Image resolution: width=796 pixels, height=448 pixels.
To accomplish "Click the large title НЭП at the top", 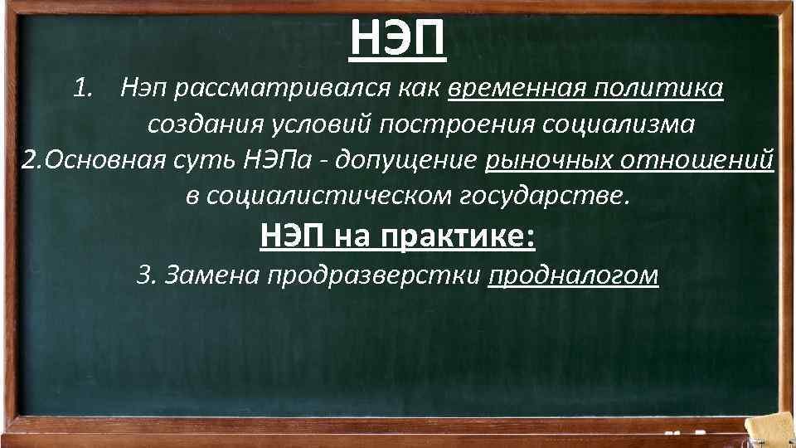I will pyautogui.click(x=397, y=37).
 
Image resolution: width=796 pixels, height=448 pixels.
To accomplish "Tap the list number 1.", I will pyautogui.click(x=80, y=87).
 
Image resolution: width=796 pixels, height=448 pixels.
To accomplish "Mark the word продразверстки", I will pyautogui.click(x=374, y=276).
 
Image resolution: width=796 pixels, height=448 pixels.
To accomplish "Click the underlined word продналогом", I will pyautogui.click(x=574, y=276).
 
